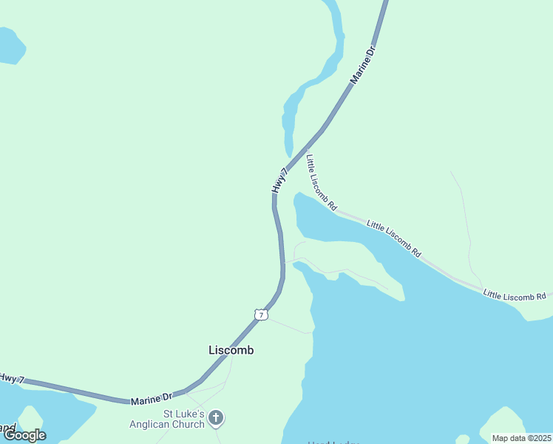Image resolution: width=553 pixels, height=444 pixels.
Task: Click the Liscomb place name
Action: click(231, 350)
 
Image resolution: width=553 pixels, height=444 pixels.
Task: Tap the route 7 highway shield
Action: click(260, 314)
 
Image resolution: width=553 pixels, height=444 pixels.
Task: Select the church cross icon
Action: click(216, 419)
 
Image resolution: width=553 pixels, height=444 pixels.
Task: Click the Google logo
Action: click(24, 435)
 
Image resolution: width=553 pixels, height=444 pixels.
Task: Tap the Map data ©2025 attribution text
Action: click(521, 438)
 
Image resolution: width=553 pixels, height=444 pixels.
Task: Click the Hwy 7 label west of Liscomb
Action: click(12, 378)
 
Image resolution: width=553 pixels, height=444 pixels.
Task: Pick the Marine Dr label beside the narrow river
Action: click(363, 64)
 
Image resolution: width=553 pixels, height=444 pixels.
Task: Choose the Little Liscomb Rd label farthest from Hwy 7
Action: click(515, 295)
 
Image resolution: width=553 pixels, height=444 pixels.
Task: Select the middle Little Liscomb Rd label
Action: click(393, 238)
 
